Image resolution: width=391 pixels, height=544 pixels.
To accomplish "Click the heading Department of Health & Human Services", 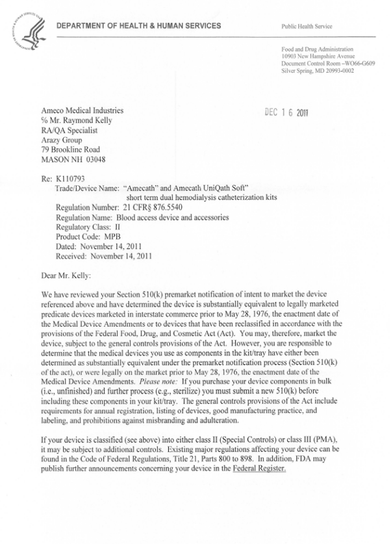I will click(138, 26).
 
